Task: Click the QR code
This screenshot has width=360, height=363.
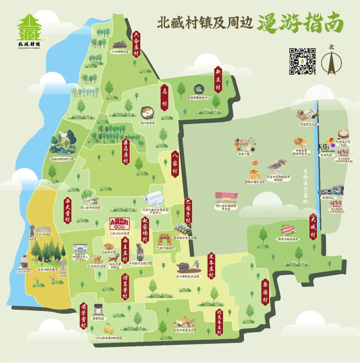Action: [302, 61]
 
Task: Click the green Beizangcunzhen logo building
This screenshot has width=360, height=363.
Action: [29, 27]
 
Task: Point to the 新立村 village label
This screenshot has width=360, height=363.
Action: [218, 80]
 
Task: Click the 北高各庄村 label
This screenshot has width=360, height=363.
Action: [219, 322]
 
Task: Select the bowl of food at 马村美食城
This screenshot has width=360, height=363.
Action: [147, 113]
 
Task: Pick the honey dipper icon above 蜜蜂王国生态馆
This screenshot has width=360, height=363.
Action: [256, 164]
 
